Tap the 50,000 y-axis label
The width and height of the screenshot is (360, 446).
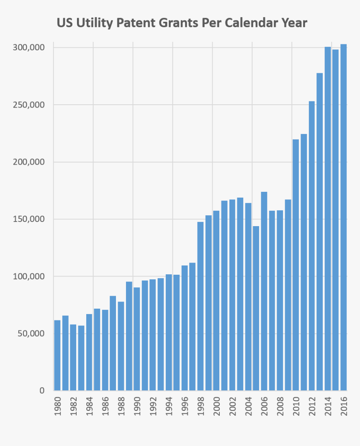[x=31, y=334]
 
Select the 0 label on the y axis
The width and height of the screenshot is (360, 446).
[x=42, y=391]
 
